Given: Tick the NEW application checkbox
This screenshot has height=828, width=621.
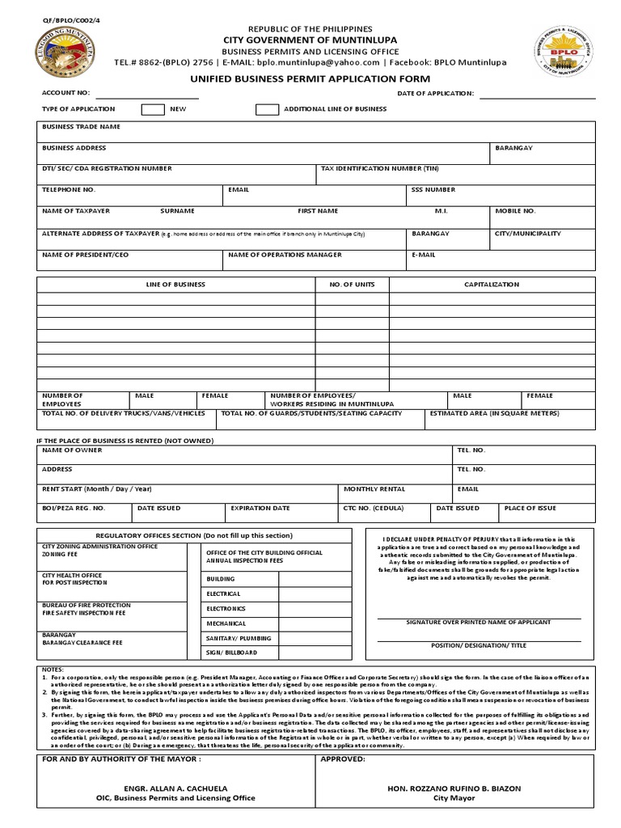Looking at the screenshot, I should coord(153,109).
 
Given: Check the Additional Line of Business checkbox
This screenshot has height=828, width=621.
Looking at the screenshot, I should coord(268,109).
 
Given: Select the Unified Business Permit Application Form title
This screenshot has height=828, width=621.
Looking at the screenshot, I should coord(310,78).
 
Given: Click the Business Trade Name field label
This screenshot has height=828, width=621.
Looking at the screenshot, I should coord(81,127).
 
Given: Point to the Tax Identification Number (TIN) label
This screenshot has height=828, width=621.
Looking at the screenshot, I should coord(380,169).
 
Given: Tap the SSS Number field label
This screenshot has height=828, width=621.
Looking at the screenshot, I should coord(433,190).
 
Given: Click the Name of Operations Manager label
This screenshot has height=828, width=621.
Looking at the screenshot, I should coord(285,255).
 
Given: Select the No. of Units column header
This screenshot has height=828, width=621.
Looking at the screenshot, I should coord(352,285).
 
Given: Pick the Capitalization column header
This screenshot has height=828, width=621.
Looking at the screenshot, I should coord(492,285).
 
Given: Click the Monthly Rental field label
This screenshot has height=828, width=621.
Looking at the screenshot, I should coord(374,489).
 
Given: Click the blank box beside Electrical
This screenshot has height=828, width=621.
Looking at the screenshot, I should coord(315,594).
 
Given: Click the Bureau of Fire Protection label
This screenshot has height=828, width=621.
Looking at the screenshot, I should coord(86,605).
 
